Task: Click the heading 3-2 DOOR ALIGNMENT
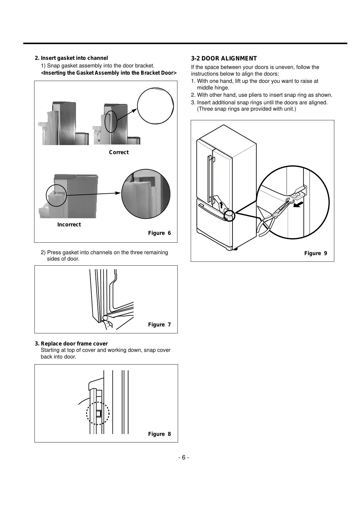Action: [x=224, y=59]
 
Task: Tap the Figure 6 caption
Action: [x=159, y=233]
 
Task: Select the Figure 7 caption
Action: [x=159, y=325]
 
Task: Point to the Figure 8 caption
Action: [x=159, y=434]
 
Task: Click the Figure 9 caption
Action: [x=315, y=253]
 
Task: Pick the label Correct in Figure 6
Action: [x=119, y=152]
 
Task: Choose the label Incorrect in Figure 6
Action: [x=69, y=225]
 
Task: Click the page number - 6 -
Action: [x=183, y=458]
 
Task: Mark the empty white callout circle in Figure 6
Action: [x=155, y=106]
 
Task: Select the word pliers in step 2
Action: [x=253, y=95]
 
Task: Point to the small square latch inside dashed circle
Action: [x=98, y=413]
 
